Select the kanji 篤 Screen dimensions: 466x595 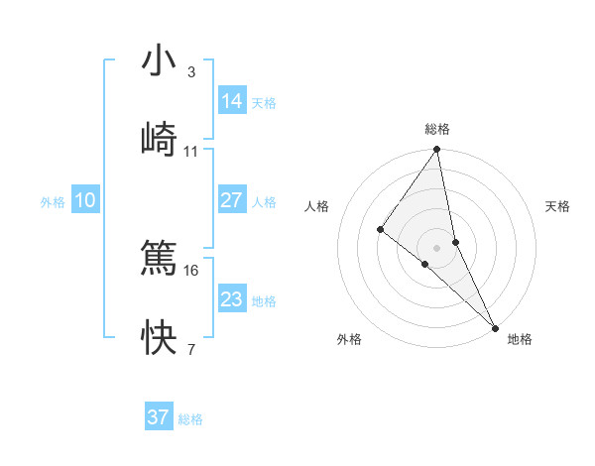point(159,258)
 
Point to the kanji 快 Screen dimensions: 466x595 point(159,337)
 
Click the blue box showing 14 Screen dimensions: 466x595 point(232,100)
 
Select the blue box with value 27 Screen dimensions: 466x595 point(232,200)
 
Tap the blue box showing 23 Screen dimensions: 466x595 point(232,299)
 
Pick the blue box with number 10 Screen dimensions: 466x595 point(85,200)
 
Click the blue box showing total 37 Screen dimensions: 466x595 point(159,417)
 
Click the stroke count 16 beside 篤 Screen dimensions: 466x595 point(191,270)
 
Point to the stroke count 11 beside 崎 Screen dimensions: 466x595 point(191,152)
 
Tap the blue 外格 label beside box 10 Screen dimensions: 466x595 point(53,202)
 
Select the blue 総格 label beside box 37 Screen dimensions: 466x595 point(190,419)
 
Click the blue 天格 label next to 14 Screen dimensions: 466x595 point(264,102)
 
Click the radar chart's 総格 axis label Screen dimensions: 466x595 point(437,129)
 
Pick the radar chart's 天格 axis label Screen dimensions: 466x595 point(558,206)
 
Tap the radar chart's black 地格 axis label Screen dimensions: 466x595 point(520,340)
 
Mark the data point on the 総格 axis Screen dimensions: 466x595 point(436,151)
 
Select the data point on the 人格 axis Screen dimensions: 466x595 point(380,230)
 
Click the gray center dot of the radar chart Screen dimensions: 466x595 point(436,248)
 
